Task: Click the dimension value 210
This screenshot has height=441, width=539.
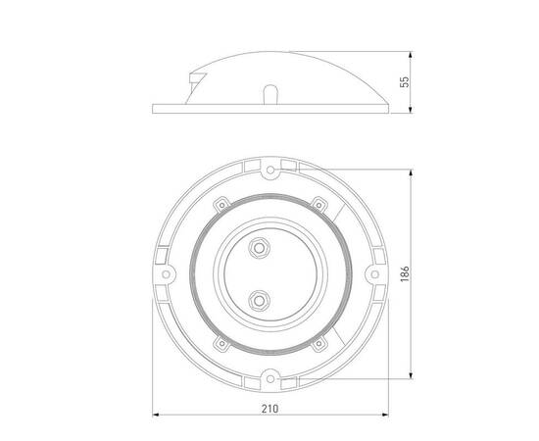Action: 270,409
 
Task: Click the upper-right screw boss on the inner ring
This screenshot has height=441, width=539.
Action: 317,204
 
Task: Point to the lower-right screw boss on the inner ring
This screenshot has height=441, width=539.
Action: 317,344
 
